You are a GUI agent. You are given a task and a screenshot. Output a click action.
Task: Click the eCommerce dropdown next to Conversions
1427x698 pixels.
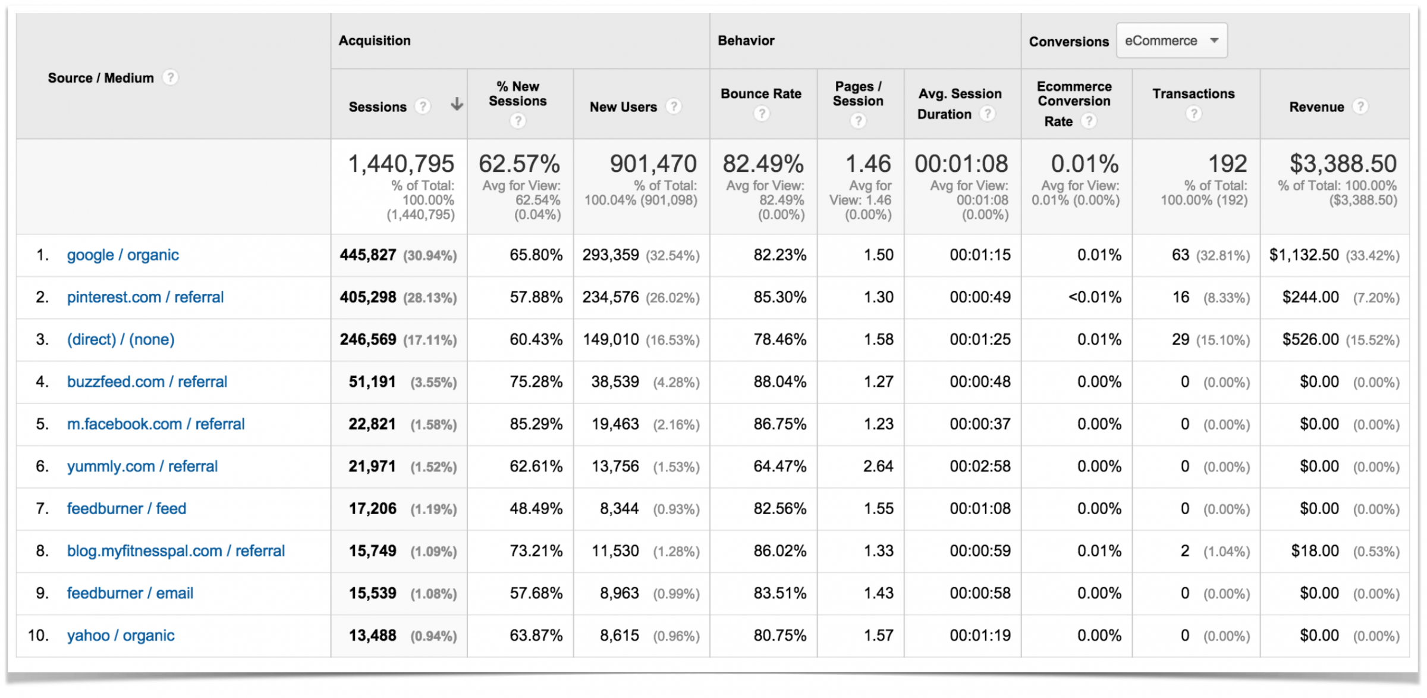point(1171,40)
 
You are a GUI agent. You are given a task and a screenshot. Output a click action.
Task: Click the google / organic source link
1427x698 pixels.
point(122,255)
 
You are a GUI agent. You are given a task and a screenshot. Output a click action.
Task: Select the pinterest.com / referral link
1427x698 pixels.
point(145,298)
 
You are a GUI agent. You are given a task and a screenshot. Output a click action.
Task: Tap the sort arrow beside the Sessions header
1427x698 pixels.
point(457,105)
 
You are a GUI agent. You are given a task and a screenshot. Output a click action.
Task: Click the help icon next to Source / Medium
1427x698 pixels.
point(171,78)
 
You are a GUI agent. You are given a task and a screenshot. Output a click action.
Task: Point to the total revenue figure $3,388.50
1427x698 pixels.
point(1343,164)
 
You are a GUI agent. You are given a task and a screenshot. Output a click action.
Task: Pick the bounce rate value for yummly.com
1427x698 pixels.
point(779,467)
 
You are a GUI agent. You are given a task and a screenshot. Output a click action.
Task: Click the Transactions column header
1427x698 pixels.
point(1193,94)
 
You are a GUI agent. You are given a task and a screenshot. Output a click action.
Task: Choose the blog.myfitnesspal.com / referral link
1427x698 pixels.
point(176,551)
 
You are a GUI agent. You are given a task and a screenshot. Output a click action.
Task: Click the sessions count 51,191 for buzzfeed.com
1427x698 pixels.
point(372,382)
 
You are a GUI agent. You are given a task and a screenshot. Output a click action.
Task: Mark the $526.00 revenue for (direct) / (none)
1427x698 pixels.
point(1310,340)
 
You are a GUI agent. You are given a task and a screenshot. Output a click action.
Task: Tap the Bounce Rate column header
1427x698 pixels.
point(761,94)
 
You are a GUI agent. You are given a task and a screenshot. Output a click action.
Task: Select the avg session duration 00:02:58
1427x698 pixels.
point(979,467)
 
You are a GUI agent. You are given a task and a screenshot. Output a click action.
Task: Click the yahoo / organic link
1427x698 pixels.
point(121,636)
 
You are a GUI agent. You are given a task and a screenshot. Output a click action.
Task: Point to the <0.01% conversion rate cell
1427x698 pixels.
point(1094,298)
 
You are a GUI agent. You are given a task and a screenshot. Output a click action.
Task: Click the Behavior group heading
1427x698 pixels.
point(746,40)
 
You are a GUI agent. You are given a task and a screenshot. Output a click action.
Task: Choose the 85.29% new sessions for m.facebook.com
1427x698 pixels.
point(535,424)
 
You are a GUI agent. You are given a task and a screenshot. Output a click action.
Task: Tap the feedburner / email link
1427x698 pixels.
point(130,593)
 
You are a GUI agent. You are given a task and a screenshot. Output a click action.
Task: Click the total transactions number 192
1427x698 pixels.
point(1227,164)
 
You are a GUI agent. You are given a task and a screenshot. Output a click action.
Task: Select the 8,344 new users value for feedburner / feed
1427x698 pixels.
point(619,509)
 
